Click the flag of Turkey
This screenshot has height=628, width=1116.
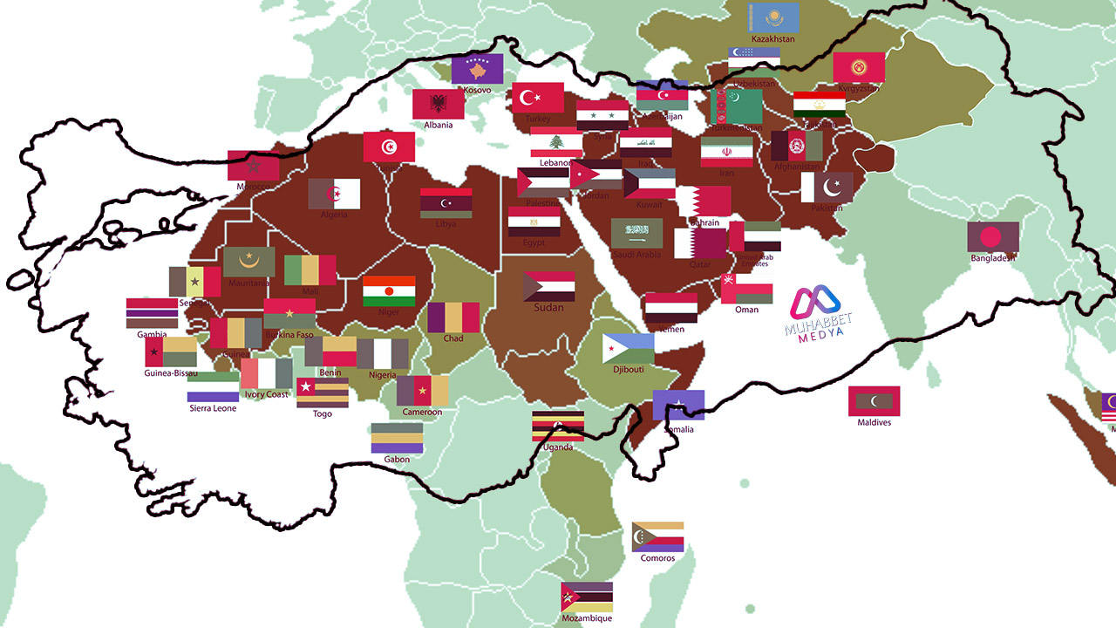[x=538, y=98]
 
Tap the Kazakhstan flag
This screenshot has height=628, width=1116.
[x=773, y=17]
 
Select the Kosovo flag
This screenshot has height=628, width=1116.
[x=477, y=69]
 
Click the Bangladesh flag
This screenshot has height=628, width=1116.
[x=993, y=237]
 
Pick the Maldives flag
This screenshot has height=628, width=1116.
[x=874, y=401]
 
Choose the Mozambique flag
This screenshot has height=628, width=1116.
[x=587, y=597]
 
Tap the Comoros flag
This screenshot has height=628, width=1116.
[x=657, y=537]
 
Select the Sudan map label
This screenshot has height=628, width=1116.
[x=548, y=307]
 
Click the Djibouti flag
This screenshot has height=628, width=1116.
[x=628, y=349]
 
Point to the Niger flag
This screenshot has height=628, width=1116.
[x=389, y=291]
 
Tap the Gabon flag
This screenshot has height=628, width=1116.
[x=397, y=438]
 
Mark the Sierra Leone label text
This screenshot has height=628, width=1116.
[x=213, y=408]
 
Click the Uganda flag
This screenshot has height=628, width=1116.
[x=558, y=426]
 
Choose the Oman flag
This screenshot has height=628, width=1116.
[x=746, y=289]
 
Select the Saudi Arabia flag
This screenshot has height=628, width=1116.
[x=636, y=234]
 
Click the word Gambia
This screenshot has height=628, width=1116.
[x=152, y=334]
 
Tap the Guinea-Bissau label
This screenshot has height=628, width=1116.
[x=171, y=373]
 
